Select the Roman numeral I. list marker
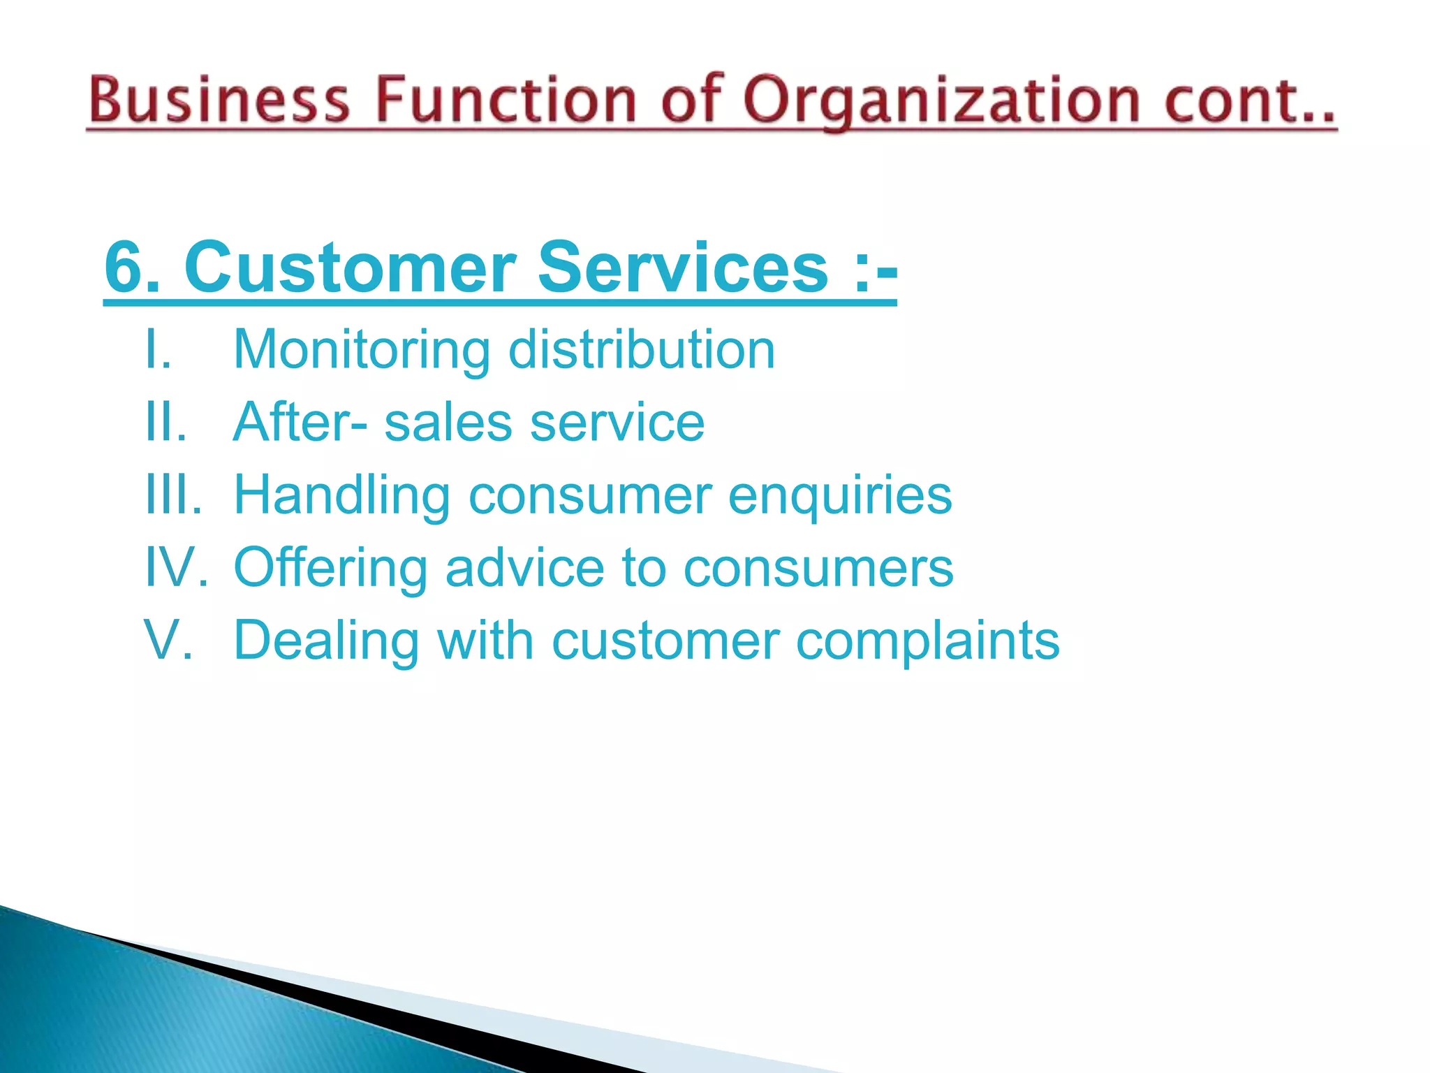tap(158, 349)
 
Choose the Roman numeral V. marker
tap(168, 640)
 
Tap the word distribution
tap(642, 349)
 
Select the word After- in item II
tap(300, 422)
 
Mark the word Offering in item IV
tap(330, 567)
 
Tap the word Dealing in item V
tap(326, 641)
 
